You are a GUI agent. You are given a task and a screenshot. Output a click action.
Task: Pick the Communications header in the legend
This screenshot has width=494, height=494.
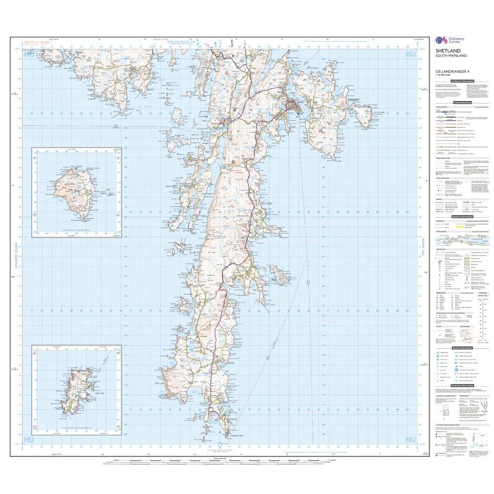[x=462, y=103]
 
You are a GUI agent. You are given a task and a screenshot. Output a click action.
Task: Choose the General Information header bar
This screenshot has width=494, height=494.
[x=462, y=216]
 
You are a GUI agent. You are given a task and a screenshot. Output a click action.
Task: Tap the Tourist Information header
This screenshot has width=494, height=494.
[x=462, y=347]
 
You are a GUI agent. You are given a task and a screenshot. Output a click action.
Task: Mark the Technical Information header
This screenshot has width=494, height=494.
[x=462, y=385]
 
